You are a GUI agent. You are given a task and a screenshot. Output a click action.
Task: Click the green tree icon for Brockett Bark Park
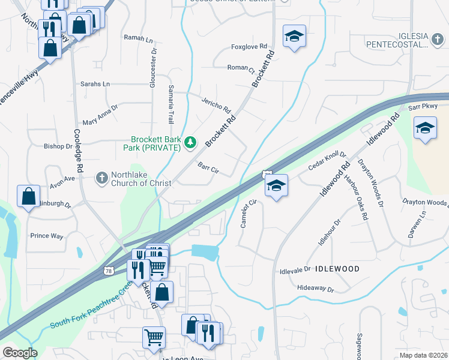tap(190, 142)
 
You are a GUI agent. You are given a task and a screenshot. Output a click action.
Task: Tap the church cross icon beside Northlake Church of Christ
tap(102, 178)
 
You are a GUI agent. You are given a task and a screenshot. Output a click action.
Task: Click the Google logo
tap(20, 352)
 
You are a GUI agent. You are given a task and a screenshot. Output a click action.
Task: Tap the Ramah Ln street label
tap(138, 38)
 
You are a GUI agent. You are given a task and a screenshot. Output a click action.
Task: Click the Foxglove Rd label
tap(248, 47)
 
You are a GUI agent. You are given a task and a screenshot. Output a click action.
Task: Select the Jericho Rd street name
tap(216, 106)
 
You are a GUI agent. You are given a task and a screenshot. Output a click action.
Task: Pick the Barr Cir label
tap(208, 170)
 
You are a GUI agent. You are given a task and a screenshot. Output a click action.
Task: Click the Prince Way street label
tap(47, 236)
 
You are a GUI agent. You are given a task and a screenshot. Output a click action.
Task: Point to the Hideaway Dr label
tap(315, 289)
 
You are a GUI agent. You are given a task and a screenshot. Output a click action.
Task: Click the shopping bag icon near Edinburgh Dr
tap(29, 196)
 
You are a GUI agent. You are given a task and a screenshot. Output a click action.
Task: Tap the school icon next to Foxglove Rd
tap(294, 37)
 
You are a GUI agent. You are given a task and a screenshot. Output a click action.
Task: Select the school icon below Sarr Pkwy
tap(425, 128)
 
